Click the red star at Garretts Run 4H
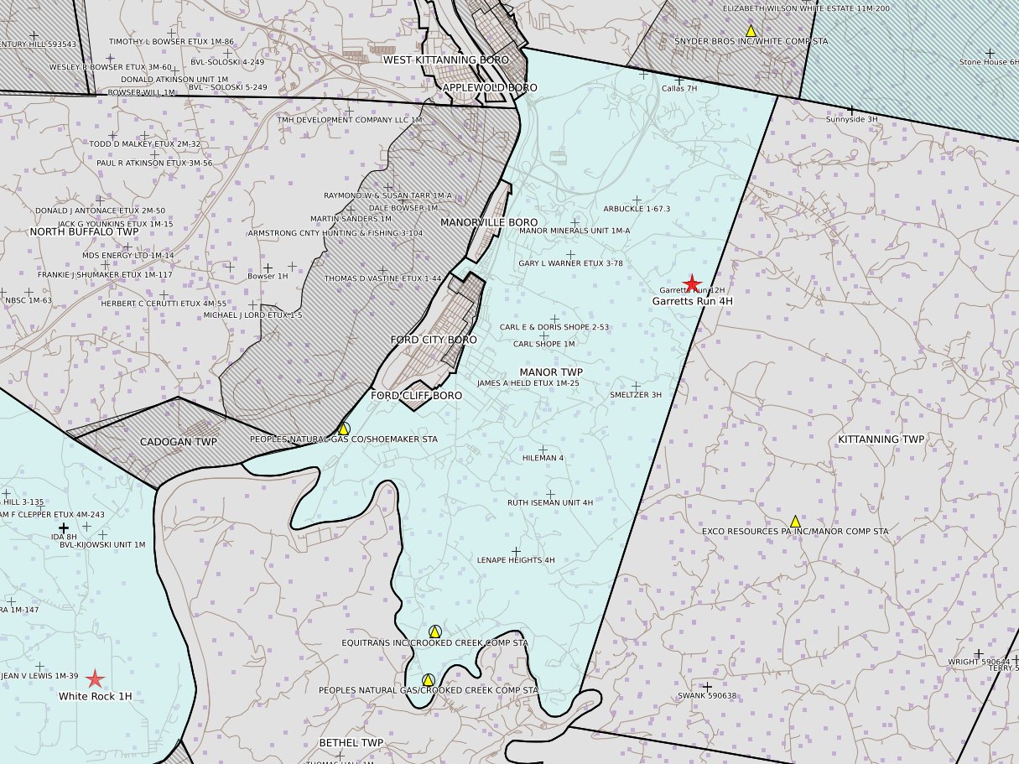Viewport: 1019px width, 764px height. (692, 284)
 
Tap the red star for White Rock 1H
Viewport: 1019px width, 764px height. (96, 679)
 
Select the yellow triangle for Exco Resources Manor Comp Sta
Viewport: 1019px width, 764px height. (795, 522)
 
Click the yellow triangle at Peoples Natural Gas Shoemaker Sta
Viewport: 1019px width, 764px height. (343, 429)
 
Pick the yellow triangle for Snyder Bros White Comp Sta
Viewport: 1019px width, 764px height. (751, 31)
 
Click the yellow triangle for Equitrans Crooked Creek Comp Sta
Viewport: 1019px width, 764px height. (434, 631)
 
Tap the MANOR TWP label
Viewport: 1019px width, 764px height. (550, 372)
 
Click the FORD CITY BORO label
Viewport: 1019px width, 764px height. (433, 340)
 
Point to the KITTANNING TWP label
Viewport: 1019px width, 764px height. (881, 439)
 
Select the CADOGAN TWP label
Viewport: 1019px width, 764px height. (178, 442)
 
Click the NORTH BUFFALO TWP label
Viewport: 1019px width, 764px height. (84, 231)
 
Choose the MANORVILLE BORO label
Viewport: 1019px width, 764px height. (489, 222)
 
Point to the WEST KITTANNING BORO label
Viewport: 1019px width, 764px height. (445, 60)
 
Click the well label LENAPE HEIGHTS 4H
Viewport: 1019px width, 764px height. (516, 560)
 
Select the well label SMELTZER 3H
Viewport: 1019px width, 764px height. (636, 394)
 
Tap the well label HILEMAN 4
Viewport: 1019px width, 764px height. (543, 458)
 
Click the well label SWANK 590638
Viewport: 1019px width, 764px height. (706, 695)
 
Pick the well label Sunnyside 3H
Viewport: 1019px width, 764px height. (851, 119)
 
